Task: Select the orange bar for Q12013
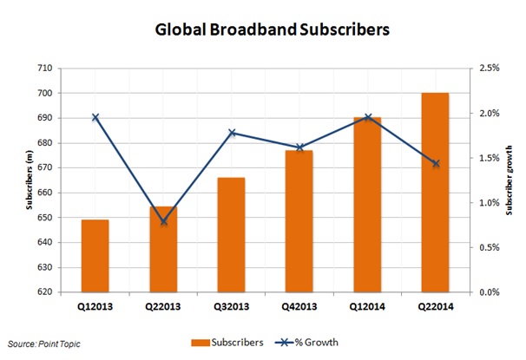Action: click(x=95, y=256)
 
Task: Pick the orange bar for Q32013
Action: click(x=231, y=234)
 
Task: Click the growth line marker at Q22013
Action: click(x=163, y=221)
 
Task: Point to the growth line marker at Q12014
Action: click(x=367, y=117)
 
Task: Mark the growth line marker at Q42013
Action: click(x=299, y=147)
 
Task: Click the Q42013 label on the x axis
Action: click(x=299, y=305)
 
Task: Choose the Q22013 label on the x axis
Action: click(x=162, y=305)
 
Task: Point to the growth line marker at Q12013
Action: click(x=95, y=117)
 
